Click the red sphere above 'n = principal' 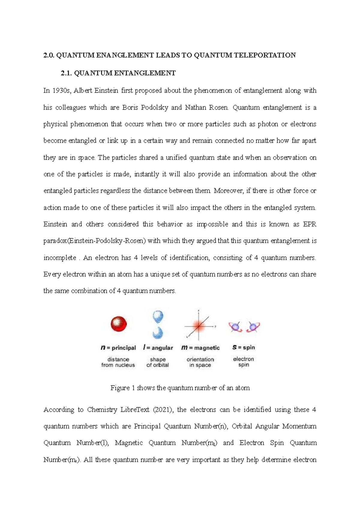119,324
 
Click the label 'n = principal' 118,348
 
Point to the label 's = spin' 244,347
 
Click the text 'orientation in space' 200,362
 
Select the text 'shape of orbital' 158,362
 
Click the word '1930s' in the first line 61,91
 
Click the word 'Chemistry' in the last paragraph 102,409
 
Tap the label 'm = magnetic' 200,348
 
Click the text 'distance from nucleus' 118,362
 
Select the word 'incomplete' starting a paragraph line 60,258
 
